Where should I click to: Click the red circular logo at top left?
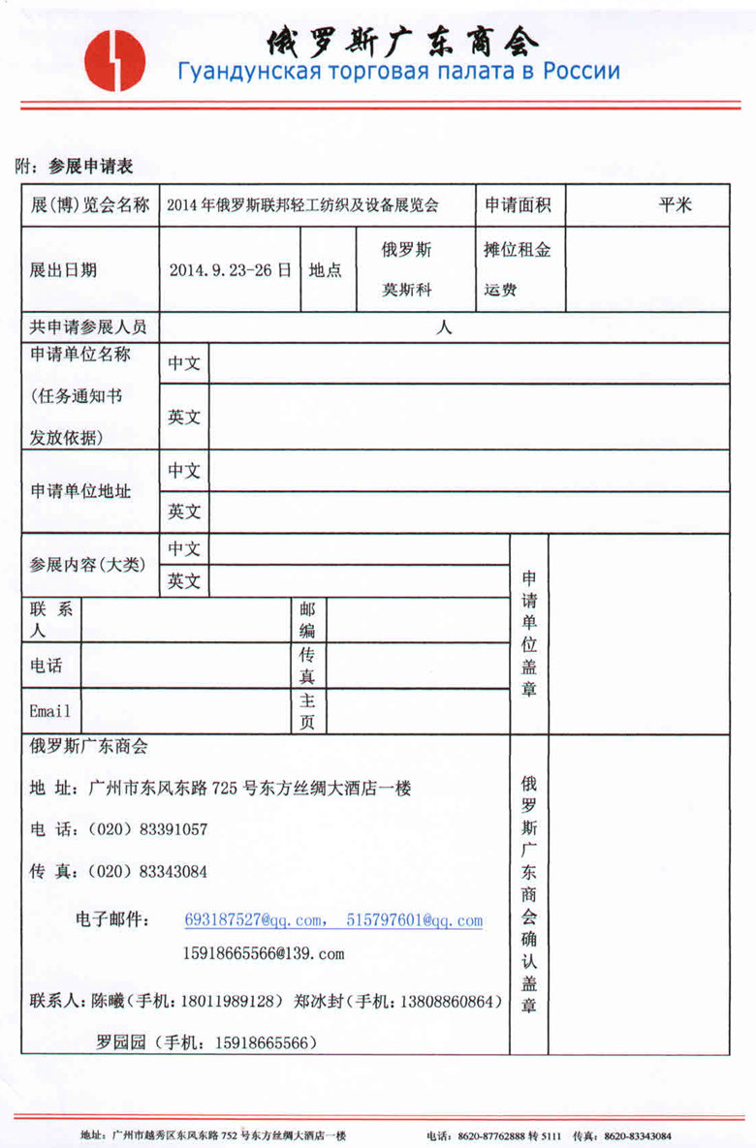(x=114, y=59)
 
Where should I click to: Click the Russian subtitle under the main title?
(x=397, y=72)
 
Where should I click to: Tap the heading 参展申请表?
(x=91, y=167)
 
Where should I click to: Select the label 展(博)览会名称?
(x=90, y=205)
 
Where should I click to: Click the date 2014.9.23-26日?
(x=230, y=270)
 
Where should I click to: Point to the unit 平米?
(x=675, y=204)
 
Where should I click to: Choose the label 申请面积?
(x=519, y=204)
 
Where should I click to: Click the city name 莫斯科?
(x=406, y=290)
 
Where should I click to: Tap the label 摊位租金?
(x=518, y=249)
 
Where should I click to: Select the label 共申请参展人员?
(x=89, y=327)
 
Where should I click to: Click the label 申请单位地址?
(x=80, y=491)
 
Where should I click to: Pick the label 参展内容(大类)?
(x=88, y=564)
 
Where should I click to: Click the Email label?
(x=50, y=711)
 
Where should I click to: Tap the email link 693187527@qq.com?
(x=253, y=920)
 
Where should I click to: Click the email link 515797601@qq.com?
(x=415, y=920)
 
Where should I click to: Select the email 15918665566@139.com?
(x=264, y=954)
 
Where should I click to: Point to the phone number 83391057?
(x=173, y=830)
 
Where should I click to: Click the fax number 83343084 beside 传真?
(x=173, y=872)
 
